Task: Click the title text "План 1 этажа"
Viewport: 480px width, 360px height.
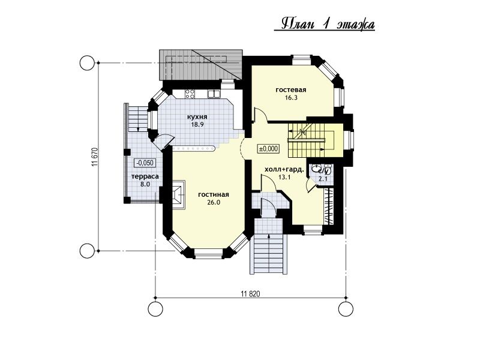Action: (328, 25)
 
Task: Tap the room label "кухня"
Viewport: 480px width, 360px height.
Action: (197, 117)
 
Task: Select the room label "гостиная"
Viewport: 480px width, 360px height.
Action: (214, 194)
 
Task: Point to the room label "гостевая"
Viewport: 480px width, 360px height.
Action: (291, 89)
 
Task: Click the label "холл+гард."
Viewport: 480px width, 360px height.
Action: (284, 169)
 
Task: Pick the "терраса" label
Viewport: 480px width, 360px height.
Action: (145, 176)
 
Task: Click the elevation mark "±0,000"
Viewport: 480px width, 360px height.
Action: (268, 149)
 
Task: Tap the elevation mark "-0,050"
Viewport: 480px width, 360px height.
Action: (145, 163)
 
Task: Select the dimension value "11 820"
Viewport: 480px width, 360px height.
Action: (250, 294)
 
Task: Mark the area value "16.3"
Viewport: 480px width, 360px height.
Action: (291, 98)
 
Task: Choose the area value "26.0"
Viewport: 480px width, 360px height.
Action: (214, 202)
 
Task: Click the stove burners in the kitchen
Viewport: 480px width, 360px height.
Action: (190, 94)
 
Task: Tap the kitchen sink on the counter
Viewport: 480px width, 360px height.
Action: (214, 94)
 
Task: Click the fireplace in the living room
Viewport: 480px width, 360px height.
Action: (178, 194)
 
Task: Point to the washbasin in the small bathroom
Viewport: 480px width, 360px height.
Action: (316, 168)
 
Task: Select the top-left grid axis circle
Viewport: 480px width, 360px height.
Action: (87, 63)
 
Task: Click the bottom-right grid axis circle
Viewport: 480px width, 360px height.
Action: (346, 308)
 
